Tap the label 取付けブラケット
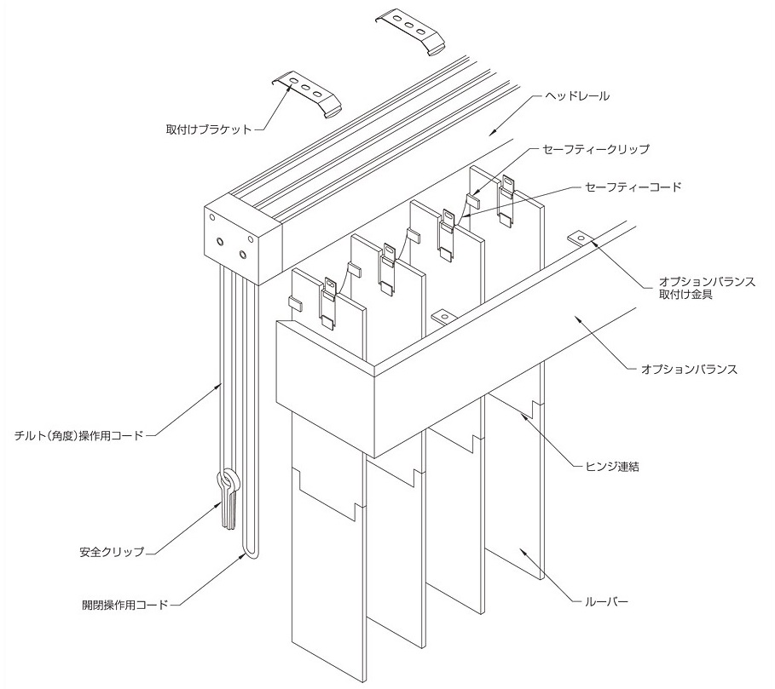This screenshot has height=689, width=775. (x=209, y=130)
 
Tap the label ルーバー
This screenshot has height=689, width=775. (x=607, y=602)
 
